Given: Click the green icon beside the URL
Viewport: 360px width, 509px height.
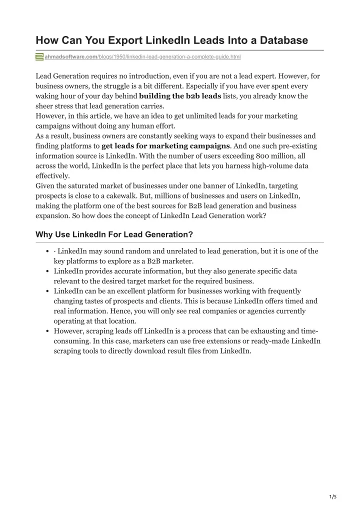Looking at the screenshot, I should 39,57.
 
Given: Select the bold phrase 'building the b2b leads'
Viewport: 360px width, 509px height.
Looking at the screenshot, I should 180,96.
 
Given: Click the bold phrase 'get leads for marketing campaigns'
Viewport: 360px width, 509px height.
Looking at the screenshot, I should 165,146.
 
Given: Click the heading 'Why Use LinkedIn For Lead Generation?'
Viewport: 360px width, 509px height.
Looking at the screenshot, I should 114,234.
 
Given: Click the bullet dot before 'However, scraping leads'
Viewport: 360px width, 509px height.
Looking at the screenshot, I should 46,331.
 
